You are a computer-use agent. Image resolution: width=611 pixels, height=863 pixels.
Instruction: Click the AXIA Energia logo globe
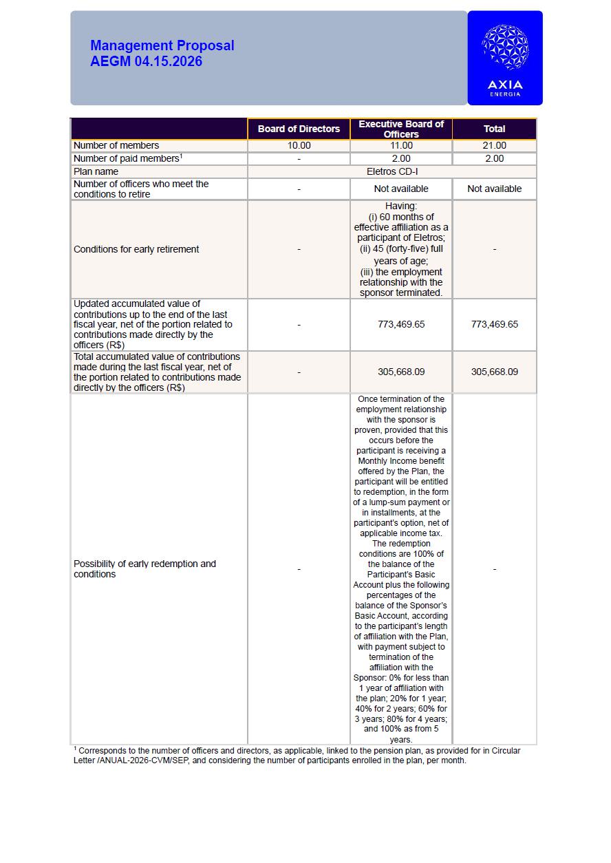[505, 47]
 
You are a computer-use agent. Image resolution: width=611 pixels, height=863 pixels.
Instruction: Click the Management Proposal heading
[162, 45]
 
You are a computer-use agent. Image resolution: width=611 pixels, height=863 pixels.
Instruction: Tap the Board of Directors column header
[299, 129]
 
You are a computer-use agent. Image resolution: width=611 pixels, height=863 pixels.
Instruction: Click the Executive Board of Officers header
[401, 129]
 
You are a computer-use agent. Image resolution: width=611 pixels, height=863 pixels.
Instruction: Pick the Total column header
[494, 129]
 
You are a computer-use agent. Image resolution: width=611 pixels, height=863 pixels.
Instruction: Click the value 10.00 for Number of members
[299, 145]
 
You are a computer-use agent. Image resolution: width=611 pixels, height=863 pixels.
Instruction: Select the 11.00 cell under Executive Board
[401, 145]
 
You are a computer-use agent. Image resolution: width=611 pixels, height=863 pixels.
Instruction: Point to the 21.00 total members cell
[494, 145]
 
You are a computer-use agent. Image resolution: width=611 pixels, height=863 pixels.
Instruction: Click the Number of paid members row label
[127, 158]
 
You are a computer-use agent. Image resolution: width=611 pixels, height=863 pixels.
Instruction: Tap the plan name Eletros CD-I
[392, 171]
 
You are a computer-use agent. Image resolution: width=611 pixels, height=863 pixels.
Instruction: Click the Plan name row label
[96, 171]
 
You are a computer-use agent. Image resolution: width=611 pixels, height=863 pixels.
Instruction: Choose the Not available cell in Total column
[494, 189]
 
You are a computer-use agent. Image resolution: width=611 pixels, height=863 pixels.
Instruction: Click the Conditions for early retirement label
[136, 249]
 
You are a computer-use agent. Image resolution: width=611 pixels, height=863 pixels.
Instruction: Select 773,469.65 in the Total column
[494, 324]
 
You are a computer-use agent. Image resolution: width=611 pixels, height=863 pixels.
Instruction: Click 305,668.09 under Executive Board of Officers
[401, 372]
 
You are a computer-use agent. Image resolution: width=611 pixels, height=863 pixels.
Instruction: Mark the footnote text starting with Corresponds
[296, 755]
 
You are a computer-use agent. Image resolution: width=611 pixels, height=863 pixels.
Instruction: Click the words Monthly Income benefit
[401, 460]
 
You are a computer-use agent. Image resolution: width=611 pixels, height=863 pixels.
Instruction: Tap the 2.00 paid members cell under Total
[494, 158]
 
